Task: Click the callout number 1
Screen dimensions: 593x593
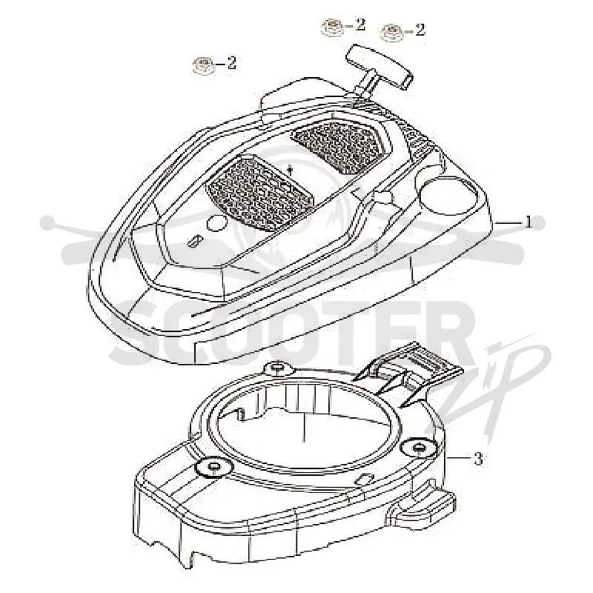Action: (529, 223)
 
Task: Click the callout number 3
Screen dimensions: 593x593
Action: (478, 459)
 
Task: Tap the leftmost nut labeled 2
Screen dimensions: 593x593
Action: (204, 65)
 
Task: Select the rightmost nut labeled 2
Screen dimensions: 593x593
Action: (392, 32)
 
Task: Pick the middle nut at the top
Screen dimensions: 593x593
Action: (332, 27)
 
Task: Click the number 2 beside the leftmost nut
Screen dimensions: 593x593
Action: (231, 63)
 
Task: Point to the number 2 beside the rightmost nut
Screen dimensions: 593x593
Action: (420, 30)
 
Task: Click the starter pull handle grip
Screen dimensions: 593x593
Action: (380, 67)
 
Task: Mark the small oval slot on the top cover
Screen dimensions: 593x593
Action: (195, 240)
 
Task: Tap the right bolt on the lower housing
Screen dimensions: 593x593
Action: (419, 448)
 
